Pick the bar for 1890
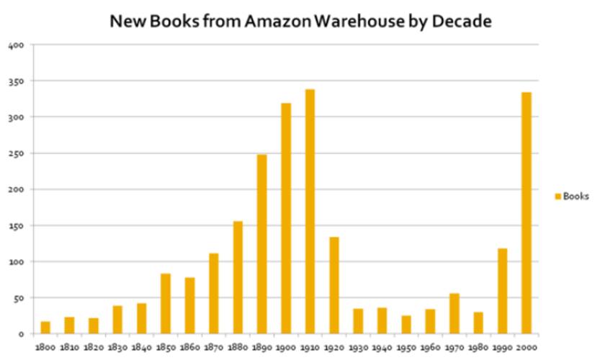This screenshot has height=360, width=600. (262, 244)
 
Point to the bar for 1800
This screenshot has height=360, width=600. (45, 328)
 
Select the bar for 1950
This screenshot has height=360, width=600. (406, 324)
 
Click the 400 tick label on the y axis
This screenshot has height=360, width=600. (17, 45)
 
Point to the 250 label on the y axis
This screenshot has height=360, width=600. (17, 153)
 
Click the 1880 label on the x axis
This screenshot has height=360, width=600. (237, 346)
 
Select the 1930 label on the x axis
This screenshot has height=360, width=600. (358, 346)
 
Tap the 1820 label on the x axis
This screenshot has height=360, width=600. (93, 346)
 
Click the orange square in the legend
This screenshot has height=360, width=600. (558, 196)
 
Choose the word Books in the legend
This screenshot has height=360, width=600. (576, 196)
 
